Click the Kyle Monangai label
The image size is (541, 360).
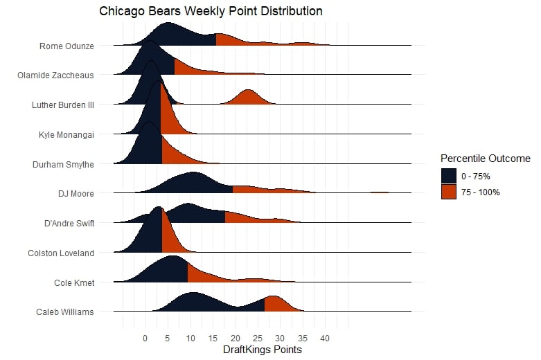[66, 134]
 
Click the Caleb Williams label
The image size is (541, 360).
[64, 312]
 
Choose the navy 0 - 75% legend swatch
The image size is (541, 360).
[449, 176]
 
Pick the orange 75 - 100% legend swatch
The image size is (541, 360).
[449, 192]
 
